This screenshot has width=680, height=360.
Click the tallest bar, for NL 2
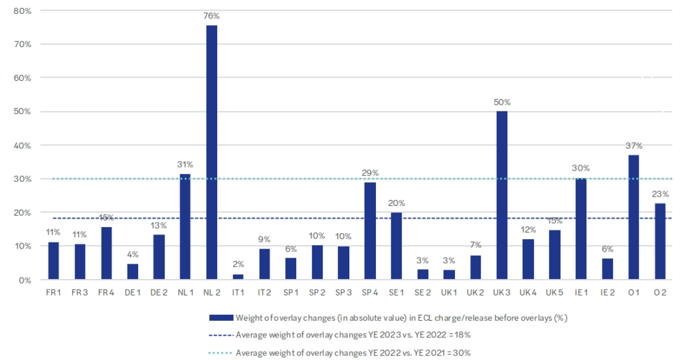click(212, 153)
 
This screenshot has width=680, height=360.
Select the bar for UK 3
click(502, 195)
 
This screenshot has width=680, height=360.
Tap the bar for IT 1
click(238, 277)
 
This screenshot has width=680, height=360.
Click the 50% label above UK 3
click(502, 102)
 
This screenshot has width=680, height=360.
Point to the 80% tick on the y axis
click(23, 11)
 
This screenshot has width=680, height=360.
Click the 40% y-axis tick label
click(23, 145)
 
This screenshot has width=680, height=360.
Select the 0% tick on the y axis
click(25, 280)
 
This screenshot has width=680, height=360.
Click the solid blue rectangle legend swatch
click(222, 317)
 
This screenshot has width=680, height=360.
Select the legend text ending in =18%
click(354, 335)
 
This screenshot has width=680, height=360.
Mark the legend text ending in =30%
click(354, 352)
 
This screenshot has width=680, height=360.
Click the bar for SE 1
click(397, 246)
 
